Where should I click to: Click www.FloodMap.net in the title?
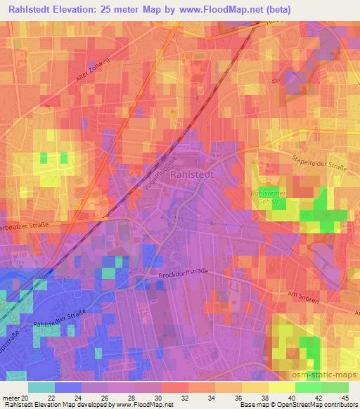click(214, 9)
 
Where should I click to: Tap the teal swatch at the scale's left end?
click(41, 387)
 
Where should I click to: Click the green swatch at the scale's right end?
click(335, 387)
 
